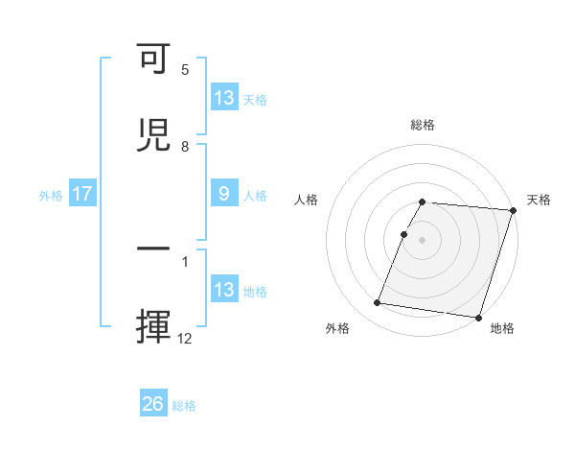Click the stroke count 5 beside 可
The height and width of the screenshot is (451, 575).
pos(185,70)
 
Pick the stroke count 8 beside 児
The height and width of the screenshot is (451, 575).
pos(185,146)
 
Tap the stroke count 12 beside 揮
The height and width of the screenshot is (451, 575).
pos(185,338)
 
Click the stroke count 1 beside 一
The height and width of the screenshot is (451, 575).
pos(185,261)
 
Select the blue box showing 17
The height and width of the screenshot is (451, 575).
pos(82,194)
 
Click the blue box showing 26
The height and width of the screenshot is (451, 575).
pos(153,404)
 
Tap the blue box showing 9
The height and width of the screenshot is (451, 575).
pos(223,194)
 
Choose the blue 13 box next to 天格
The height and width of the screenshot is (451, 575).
pos(224,97)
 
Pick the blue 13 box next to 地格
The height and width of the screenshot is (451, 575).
pos(224,290)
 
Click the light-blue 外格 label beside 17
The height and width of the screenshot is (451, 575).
pos(51,195)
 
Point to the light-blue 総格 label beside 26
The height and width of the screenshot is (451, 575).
pos(184,405)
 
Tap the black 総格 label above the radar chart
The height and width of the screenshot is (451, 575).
pos(423,125)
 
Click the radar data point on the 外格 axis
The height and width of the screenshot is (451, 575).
pos(378,303)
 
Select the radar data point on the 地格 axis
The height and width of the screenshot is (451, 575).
pos(478,317)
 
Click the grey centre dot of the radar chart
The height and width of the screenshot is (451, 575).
pos(423,239)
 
